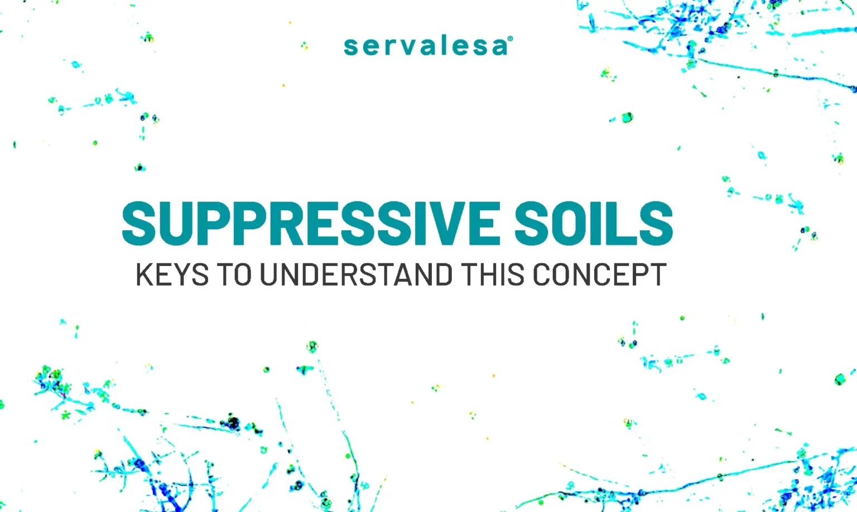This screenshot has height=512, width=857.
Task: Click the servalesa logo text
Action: [x=426, y=46]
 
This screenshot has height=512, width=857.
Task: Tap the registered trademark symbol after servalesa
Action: [x=510, y=38]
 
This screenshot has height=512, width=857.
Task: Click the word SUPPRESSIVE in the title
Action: [x=311, y=223]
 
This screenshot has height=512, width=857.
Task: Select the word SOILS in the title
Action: [x=594, y=223]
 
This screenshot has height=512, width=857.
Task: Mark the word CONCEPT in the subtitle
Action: [x=600, y=274]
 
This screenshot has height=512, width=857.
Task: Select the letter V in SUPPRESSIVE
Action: [x=446, y=223]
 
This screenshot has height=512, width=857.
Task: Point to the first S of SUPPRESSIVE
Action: [x=138, y=223]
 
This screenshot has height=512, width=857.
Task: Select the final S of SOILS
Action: [x=656, y=223]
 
